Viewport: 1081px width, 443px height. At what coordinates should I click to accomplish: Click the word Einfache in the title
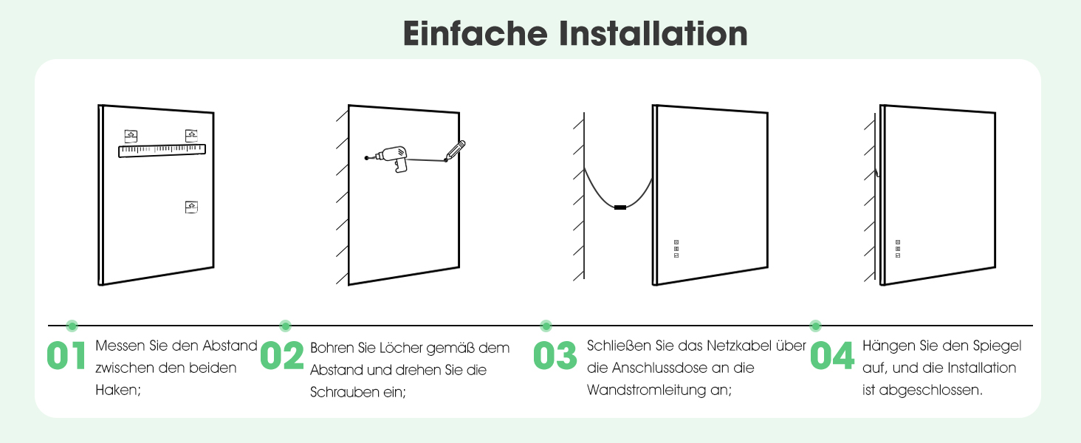pos(476,33)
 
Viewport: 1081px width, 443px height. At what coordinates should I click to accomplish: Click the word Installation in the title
pos(653,33)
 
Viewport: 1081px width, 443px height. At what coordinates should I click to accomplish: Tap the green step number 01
pos(66,356)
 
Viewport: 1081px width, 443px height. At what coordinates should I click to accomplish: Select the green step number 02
pos(282,356)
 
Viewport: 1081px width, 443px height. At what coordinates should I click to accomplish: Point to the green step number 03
pos(555,356)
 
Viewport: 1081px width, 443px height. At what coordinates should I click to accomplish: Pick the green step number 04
pos(832,356)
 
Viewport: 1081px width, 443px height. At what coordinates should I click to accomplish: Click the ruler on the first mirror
pos(162,151)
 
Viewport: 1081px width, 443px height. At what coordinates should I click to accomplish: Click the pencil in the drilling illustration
pos(455,151)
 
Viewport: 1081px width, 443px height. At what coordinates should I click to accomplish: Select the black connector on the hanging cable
pos(620,207)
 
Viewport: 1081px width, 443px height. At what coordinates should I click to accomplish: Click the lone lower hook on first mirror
pos(191,207)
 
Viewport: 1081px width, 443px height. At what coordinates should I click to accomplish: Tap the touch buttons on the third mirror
pos(676,249)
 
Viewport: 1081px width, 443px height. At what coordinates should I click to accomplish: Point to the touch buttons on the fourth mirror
pos(898,249)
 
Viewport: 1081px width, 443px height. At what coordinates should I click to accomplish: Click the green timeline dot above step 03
pos(546,326)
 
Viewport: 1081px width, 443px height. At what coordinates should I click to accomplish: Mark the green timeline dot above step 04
pos(816,326)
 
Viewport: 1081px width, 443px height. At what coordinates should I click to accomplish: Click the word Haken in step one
pos(117,390)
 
